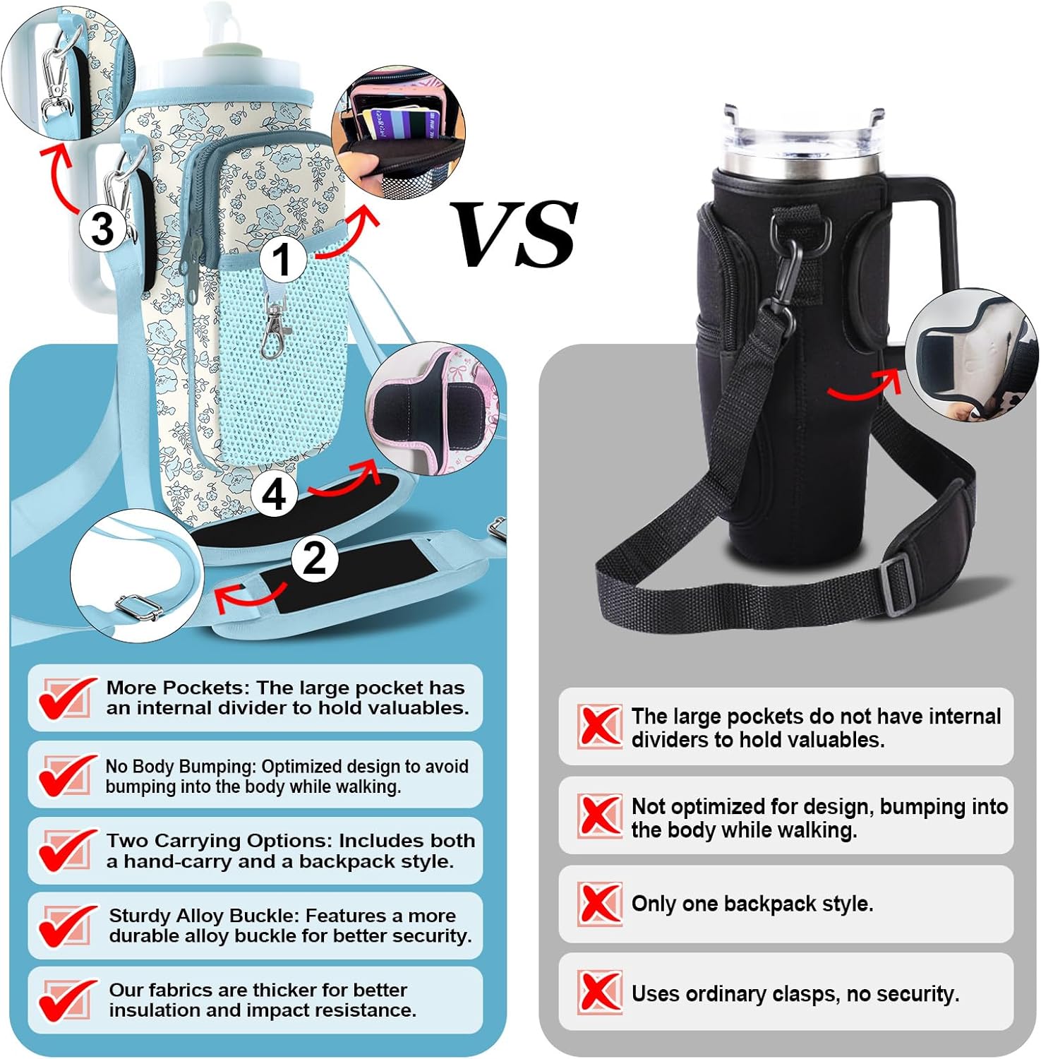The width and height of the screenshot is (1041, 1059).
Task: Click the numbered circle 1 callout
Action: (283, 258)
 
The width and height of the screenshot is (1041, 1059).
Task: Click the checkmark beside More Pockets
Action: (66, 698)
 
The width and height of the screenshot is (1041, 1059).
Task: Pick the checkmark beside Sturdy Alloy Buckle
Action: (66, 926)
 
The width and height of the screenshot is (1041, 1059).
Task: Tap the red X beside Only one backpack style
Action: (600, 904)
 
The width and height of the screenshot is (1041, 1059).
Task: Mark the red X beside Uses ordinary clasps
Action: (600, 992)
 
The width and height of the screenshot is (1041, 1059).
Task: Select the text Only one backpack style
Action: (752, 904)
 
